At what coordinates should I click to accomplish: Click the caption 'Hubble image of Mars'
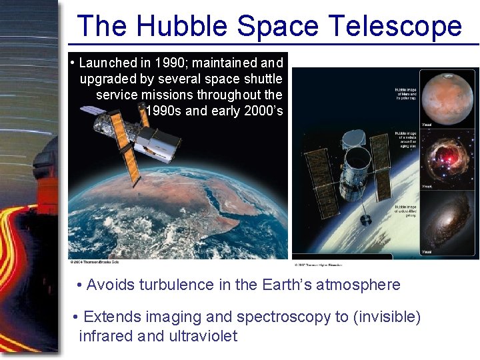[405, 94]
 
